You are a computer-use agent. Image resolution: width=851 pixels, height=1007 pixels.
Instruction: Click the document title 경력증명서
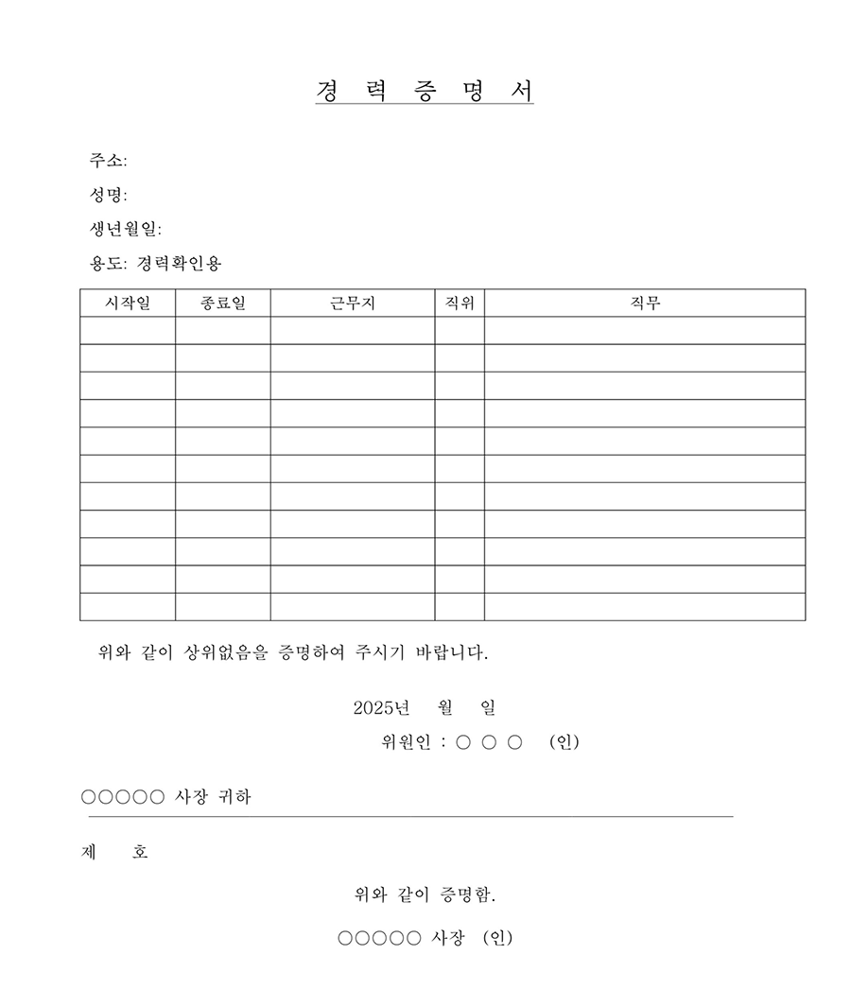tap(425, 91)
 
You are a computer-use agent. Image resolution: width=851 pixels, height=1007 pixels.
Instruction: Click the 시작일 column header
tap(128, 304)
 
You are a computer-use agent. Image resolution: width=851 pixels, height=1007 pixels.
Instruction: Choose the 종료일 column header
tap(223, 304)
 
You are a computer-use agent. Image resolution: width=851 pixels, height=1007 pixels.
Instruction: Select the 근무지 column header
tap(353, 304)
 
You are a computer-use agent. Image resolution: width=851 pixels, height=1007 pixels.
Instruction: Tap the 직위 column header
tap(460, 304)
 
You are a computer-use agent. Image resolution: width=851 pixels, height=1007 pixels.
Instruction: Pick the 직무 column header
tap(645, 304)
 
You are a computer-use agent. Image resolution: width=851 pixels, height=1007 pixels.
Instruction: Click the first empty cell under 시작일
tap(128, 331)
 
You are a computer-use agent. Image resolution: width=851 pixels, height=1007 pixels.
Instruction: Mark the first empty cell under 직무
tap(645, 331)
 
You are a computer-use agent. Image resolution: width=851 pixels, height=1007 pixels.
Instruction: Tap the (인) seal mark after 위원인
tap(564, 742)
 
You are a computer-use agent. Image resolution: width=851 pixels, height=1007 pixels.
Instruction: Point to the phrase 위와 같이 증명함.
tap(425, 894)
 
